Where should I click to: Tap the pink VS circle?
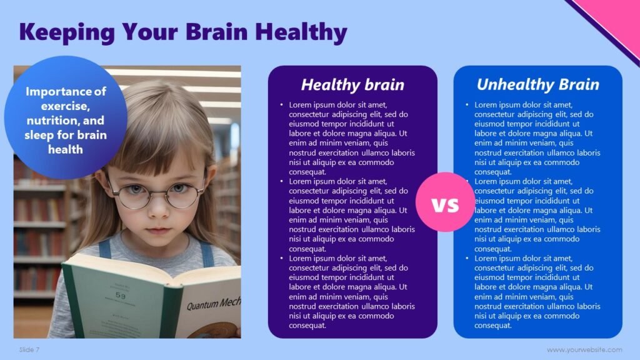coord(445,202)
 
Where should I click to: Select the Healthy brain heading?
coord(352,84)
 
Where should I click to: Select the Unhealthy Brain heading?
coord(537,84)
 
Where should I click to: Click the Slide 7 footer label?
coord(29,349)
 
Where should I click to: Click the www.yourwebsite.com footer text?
coord(584,349)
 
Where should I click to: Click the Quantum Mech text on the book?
coord(213,304)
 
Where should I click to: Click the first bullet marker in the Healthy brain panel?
coord(281,105)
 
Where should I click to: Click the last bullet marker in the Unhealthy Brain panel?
coord(467,258)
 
